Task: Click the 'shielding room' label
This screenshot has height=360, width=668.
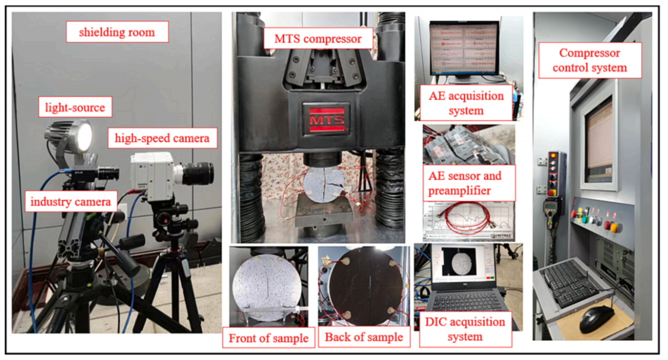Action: pos(117,32)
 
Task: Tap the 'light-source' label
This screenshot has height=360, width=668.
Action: pos(75,107)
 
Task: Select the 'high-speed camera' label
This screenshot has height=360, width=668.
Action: pos(162,137)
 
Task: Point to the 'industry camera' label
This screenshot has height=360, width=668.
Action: pos(71,201)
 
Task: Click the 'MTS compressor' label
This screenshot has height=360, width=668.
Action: pos(318,38)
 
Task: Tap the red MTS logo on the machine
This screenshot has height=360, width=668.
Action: pos(327,119)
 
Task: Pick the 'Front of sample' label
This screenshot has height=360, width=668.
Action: pos(268,338)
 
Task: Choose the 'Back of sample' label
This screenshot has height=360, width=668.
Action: pos(364,337)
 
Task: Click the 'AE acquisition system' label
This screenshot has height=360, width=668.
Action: pos(466,103)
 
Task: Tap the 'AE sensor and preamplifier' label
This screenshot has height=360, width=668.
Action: pos(469,183)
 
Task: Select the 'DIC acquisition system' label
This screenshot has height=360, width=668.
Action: pos(465,329)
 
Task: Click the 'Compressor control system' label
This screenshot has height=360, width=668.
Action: pos(590,60)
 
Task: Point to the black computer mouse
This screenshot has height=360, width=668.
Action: pos(596,318)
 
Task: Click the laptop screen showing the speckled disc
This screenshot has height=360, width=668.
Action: pos(464,264)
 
